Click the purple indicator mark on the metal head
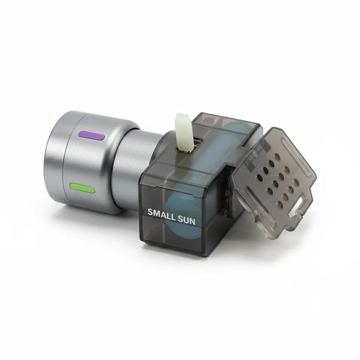coord(91,135)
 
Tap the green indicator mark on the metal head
coord(82,188)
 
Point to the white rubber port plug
coord(184,132)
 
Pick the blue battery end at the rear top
coord(237,129)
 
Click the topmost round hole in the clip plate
coord(277,157)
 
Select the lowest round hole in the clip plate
coord(280,204)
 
